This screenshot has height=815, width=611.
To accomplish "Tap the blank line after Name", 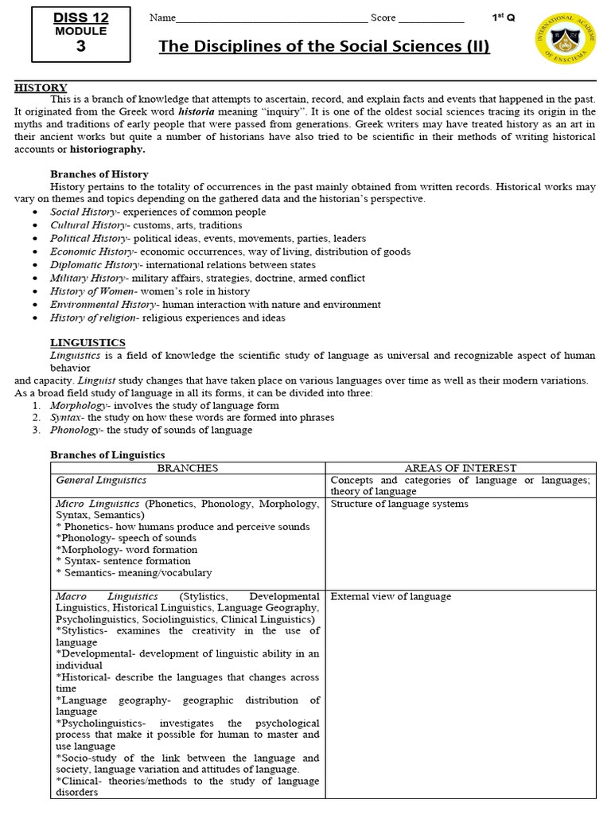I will pyautogui.click(x=270, y=19).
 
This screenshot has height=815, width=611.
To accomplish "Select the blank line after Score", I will pyautogui.click(x=430, y=19).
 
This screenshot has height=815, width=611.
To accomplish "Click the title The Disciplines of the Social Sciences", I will pyautogui.click(x=324, y=46).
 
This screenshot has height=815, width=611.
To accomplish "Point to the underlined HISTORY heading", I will pyautogui.click(x=41, y=88).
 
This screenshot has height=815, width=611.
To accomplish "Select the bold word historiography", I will pyautogui.click(x=107, y=149).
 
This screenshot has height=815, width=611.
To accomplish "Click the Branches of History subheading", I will pyautogui.click(x=99, y=174).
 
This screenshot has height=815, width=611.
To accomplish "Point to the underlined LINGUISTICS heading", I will pyautogui.click(x=83, y=342).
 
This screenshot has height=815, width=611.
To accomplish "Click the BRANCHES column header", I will pyautogui.click(x=189, y=468).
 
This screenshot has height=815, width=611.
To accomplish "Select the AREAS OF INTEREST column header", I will pyautogui.click(x=461, y=468).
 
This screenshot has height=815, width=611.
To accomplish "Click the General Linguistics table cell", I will pyautogui.click(x=101, y=480).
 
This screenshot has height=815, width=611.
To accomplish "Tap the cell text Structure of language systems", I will pyautogui.click(x=399, y=504).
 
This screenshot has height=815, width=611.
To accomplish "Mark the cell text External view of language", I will pyautogui.click(x=391, y=596).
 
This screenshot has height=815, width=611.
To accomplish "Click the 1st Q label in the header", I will pyautogui.click(x=504, y=18).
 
